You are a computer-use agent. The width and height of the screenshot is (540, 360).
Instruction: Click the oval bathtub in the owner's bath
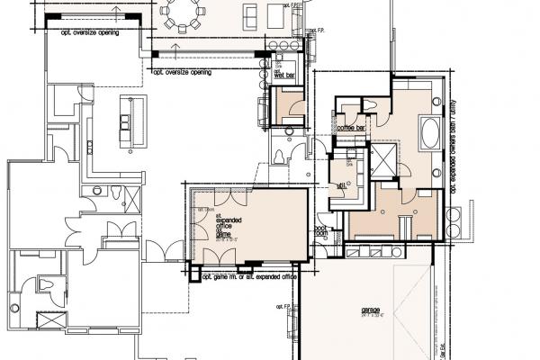429,130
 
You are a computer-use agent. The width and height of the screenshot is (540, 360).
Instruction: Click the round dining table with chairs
184,13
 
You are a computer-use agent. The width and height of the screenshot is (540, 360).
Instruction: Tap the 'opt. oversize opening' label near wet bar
184,72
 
